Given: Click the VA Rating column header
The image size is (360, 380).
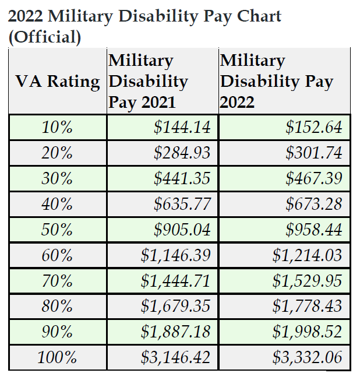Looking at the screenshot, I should click(58, 82).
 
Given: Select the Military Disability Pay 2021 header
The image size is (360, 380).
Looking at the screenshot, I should click(149, 82).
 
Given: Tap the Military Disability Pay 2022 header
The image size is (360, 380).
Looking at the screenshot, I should click(277, 82).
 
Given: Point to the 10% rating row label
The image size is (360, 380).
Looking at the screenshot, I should click(57, 127).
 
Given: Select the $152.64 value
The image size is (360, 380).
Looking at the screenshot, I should click(313, 127).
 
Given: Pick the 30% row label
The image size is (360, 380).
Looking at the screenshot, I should click(57, 178).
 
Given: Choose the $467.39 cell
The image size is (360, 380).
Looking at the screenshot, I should click(313, 178).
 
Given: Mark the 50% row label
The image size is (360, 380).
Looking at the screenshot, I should click(57, 230).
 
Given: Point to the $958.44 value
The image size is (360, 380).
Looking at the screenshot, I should click(313, 230).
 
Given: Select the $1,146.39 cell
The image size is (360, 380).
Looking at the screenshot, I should click(175, 255).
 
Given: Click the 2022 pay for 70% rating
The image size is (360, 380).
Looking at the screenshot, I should click(307, 281).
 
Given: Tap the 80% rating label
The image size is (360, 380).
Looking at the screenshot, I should click(57, 307).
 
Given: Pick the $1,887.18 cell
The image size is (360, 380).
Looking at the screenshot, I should click(175, 332).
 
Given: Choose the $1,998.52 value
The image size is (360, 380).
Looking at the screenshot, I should click(307, 332).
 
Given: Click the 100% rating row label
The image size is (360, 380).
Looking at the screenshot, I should click(57, 357).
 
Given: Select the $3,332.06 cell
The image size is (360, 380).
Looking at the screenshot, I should click(307, 357).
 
